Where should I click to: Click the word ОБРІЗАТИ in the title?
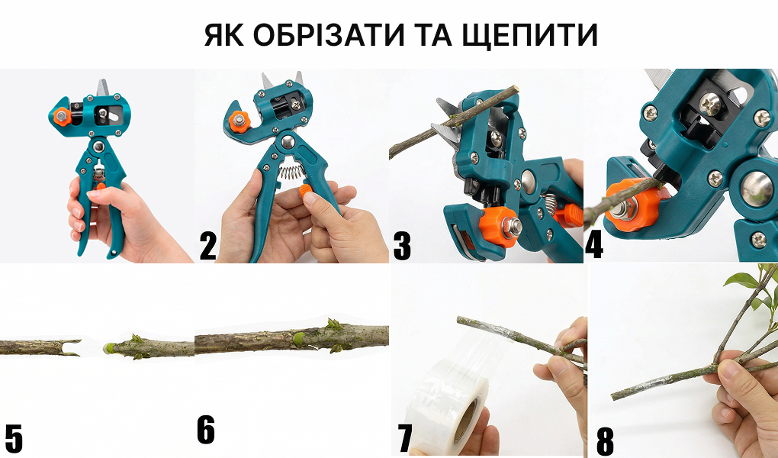[x=327, y=35]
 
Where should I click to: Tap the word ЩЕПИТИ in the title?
[x=530, y=35]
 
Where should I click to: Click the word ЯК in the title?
[x=223, y=35]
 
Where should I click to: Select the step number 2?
[x=208, y=247]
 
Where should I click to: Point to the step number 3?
[x=402, y=247]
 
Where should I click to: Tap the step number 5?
[x=14, y=439]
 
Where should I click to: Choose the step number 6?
[x=206, y=430]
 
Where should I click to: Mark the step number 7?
[x=405, y=439]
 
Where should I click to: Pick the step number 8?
[x=605, y=441]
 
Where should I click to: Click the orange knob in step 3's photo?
[x=499, y=227]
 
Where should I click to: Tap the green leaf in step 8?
[x=742, y=280]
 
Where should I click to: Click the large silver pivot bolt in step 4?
[x=757, y=189]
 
